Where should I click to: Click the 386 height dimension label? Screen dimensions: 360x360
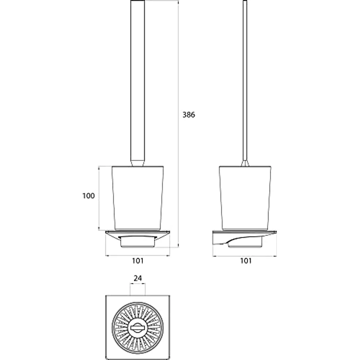click(188, 115)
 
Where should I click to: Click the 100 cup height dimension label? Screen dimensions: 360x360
click(89, 196)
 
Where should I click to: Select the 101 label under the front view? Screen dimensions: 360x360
click(137, 261)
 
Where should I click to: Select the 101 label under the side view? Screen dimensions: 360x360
click(246, 261)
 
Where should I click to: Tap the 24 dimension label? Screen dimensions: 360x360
click(137, 278)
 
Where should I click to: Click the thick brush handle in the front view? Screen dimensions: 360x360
click(137, 80)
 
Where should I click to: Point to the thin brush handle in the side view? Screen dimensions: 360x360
click(245, 80)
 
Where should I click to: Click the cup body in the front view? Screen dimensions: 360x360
click(137, 198)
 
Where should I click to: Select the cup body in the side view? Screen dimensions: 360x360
click(245, 198)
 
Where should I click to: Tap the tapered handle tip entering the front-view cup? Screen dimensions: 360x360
click(137, 163)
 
